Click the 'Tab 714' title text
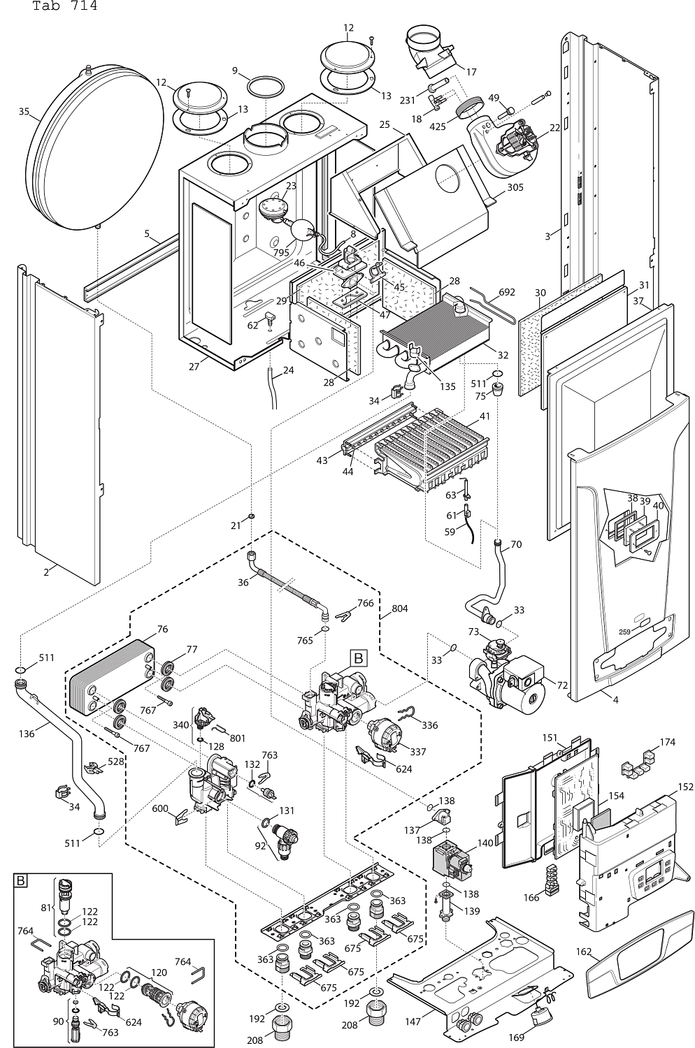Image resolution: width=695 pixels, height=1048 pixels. pyautogui.click(x=64, y=6)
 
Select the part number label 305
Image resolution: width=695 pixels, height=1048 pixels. pyautogui.click(x=515, y=187)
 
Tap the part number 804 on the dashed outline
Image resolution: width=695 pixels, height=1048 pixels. pyautogui.click(x=399, y=609)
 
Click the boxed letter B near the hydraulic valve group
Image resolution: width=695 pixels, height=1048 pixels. pyautogui.click(x=358, y=657)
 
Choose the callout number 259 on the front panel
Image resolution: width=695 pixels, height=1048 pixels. pyautogui.click(x=624, y=632)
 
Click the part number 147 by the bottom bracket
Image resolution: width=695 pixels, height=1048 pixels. pyautogui.click(x=413, y=1022)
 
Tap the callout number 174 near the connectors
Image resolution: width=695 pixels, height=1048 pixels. pyautogui.click(x=667, y=742)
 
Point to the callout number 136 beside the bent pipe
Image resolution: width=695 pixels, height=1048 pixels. pyautogui.click(x=27, y=734)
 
